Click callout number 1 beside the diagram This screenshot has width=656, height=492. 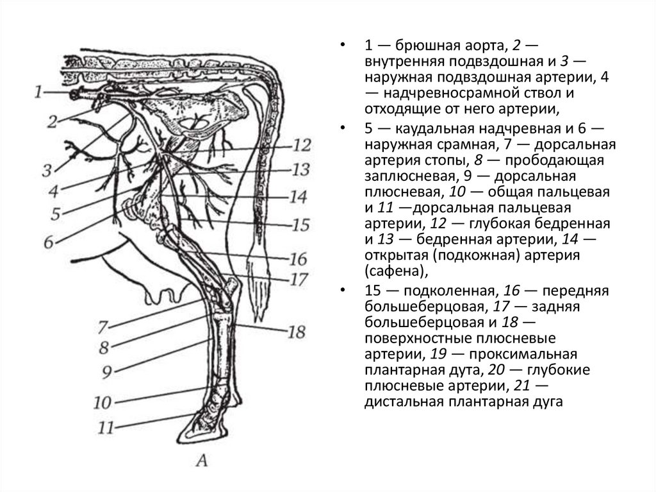[40, 93]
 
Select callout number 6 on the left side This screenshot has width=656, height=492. [48, 242]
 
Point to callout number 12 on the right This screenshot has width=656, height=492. [300, 145]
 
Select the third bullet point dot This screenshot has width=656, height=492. [345, 290]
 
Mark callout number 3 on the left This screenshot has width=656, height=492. [47, 170]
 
